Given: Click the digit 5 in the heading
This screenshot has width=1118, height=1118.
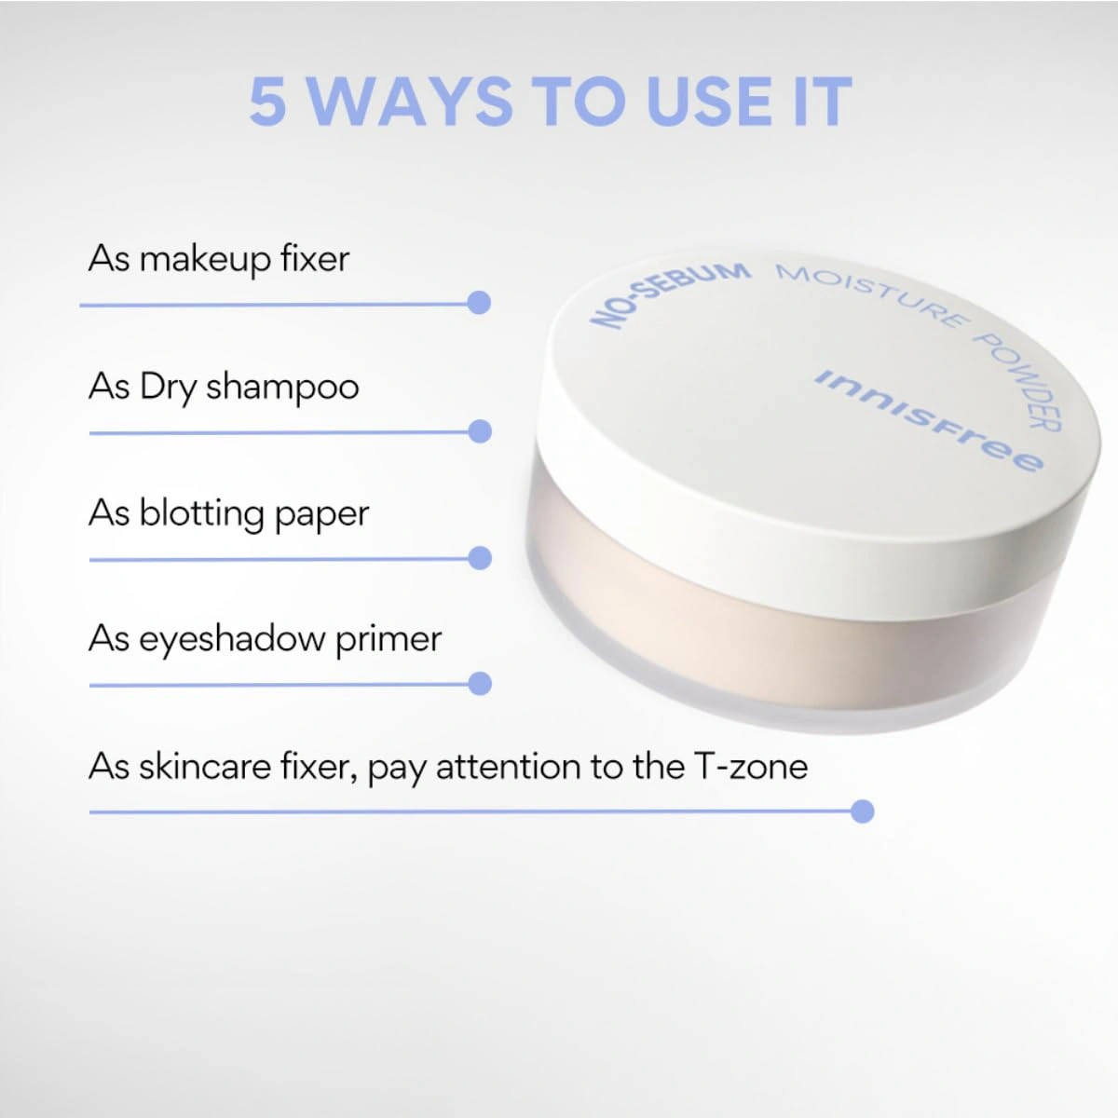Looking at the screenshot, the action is [268, 101].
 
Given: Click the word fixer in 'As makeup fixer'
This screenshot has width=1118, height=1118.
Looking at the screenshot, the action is [315, 258].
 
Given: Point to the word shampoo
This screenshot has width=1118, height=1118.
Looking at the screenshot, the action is [282, 387].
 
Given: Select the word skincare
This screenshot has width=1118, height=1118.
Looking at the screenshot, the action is [206, 767].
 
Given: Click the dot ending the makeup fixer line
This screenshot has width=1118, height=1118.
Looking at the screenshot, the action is [479, 303].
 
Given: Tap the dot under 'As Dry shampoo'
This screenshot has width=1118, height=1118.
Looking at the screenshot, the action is [480, 431].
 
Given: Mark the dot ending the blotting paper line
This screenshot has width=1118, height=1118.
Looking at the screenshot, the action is [480, 558].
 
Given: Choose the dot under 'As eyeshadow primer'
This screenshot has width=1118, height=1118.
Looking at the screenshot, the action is [480, 684].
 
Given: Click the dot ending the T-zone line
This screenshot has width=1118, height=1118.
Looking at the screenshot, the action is [862, 811].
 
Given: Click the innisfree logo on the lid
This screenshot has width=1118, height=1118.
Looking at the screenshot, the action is [928, 420].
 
